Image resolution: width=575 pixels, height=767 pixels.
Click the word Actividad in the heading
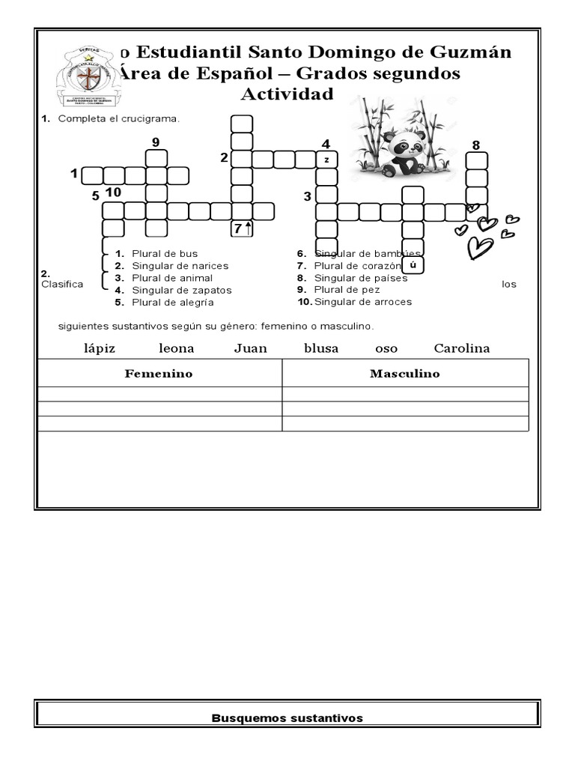[287, 94]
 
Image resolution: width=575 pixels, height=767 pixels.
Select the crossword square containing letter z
[326, 160]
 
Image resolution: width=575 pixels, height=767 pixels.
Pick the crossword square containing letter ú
[413, 266]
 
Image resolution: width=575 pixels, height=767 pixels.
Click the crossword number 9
[156, 142]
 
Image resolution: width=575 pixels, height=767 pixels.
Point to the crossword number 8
[476, 145]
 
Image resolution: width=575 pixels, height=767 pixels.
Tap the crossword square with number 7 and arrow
[242, 229]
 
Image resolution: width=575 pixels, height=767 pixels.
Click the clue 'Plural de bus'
[165, 254]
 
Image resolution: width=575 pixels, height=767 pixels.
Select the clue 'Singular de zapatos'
[182, 290]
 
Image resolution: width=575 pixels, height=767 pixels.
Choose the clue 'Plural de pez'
[347, 289]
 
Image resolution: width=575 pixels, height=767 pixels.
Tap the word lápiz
[100, 348]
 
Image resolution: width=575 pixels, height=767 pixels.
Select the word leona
[176, 348]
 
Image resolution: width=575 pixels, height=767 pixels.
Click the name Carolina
[461, 348]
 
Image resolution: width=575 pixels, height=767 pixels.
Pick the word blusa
[321, 348]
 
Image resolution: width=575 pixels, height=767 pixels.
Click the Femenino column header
[159, 373]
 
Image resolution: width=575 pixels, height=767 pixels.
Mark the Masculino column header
[404, 373]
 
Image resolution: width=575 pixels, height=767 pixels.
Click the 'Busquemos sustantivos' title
[287, 718]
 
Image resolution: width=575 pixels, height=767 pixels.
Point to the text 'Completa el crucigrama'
[119, 118]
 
